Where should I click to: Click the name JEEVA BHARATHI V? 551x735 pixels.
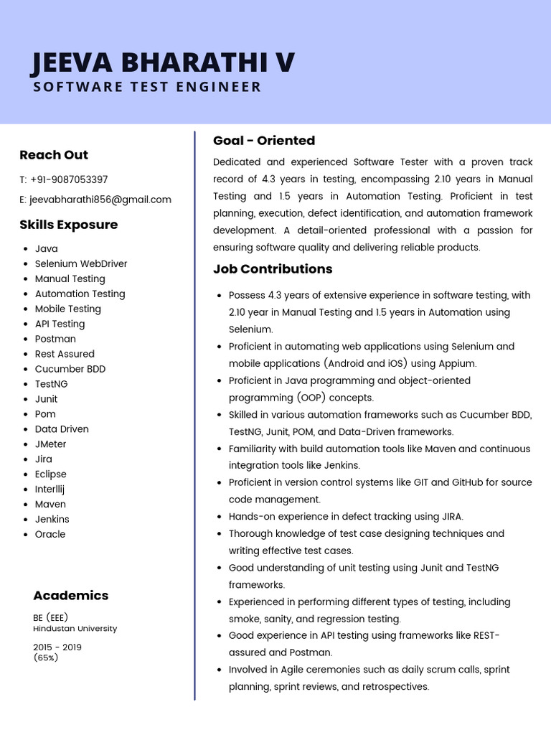(x=163, y=63)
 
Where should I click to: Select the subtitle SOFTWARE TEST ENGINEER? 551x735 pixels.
(x=148, y=88)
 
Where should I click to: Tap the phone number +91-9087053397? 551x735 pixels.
(x=69, y=179)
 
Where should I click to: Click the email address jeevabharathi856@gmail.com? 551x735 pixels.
(x=100, y=200)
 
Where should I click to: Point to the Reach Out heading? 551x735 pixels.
(x=54, y=155)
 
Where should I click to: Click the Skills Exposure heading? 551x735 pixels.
(x=68, y=225)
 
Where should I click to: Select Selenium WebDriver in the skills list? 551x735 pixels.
(x=81, y=263)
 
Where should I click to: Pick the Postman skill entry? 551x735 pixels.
(x=55, y=339)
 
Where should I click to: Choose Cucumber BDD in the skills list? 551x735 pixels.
(x=70, y=369)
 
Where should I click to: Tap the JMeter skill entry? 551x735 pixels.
(x=51, y=444)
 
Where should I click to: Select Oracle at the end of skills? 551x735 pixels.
(x=50, y=535)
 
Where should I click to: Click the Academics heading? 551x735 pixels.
(x=70, y=596)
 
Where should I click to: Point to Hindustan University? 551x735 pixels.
(x=75, y=629)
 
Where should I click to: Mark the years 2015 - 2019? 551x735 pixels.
(x=57, y=647)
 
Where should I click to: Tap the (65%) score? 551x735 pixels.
(x=45, y=657)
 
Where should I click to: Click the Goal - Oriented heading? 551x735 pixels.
(x=264, y=141)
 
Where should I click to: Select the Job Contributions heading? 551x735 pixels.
(x=273, y=269)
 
